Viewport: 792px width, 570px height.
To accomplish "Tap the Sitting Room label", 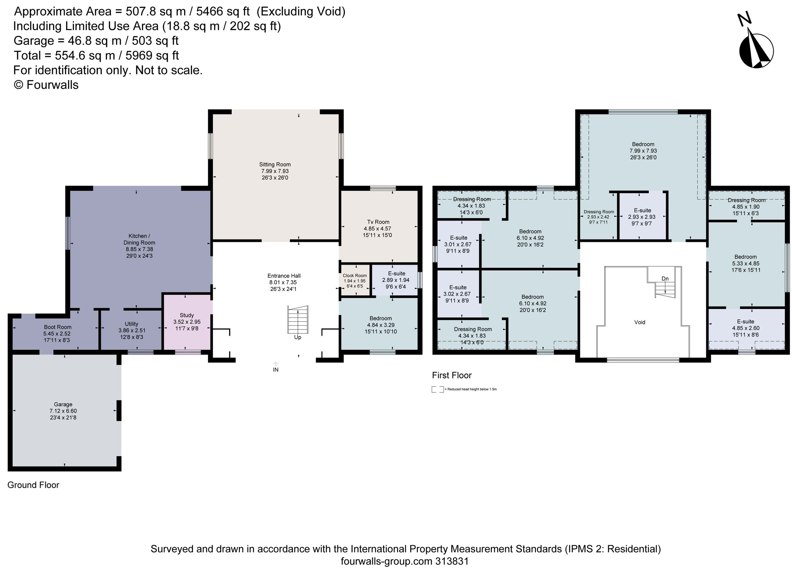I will [x=275, y=164].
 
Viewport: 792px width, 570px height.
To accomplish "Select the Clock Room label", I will [x=354, y=276].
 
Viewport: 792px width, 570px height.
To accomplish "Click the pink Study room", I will [x=187, y=322].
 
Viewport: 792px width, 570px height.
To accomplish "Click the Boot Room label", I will [x=58, y=327].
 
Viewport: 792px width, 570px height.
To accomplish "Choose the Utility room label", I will [x=131, y=324].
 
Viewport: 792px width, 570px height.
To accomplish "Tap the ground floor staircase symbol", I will [x=298, y=319].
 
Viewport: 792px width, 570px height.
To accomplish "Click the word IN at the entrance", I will [x=276, y=370].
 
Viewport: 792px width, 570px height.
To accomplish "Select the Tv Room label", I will [x=378, y=222].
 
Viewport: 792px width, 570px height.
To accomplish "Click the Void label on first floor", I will [x=640, y=322].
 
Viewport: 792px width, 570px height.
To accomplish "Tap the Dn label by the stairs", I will [x=665, y=278].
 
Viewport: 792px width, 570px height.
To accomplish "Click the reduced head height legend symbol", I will [x=437, y=389].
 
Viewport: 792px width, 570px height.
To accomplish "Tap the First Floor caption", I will [x=451, y=375].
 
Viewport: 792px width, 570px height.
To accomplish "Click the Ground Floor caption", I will [x=33, y=485].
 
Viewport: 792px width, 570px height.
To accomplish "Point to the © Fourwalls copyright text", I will [x=46, y=85].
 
